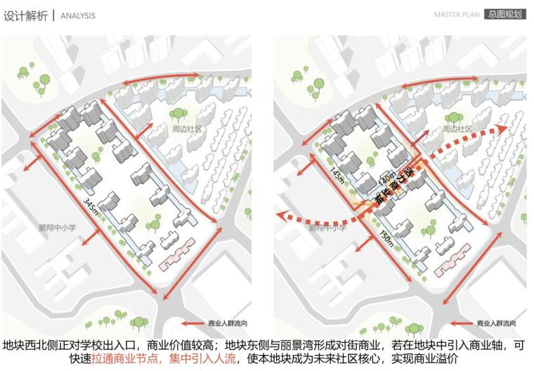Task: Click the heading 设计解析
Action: click(x=25, y=15)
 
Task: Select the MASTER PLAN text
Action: click(x=457, y=14)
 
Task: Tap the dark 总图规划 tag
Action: click(x=505, y=14)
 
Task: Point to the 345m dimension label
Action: click(x=89, y=207)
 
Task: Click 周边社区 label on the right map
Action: click(x=457, y=129)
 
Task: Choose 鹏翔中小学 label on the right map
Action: click(x=327, y=228)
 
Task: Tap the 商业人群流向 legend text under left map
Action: click(x=228, y=323)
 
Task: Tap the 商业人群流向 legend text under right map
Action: click(x=497, y=323)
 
